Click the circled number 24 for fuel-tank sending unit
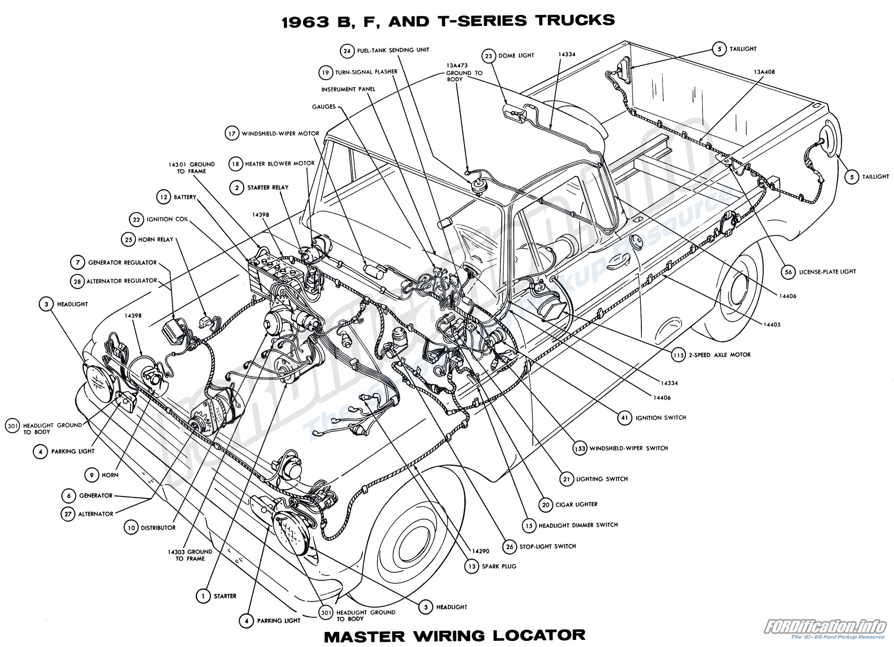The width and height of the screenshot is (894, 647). tap(347, 51)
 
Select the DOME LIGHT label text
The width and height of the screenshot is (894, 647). tap(516, 55)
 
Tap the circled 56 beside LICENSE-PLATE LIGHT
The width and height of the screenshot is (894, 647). tap(789, 272)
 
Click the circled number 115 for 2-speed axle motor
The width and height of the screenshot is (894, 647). tap(678, 355)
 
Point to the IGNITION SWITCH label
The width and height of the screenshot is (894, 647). tap(661, 418)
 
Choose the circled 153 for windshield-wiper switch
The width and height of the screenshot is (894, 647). tap(580, 448)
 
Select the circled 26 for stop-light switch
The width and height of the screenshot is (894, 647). tap(510, 546)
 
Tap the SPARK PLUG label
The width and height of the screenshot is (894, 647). tap(499, 566)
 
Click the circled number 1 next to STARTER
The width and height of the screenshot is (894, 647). tap(203, 596)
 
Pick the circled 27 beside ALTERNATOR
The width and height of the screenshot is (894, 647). tap(68, 514)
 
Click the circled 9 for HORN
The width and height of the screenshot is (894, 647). tap(92, 475)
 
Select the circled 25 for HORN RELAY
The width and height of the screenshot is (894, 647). tap(128, 239)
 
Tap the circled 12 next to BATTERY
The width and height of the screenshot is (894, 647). tap(163, 197)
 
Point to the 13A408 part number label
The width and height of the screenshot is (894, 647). tap(764, 72)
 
